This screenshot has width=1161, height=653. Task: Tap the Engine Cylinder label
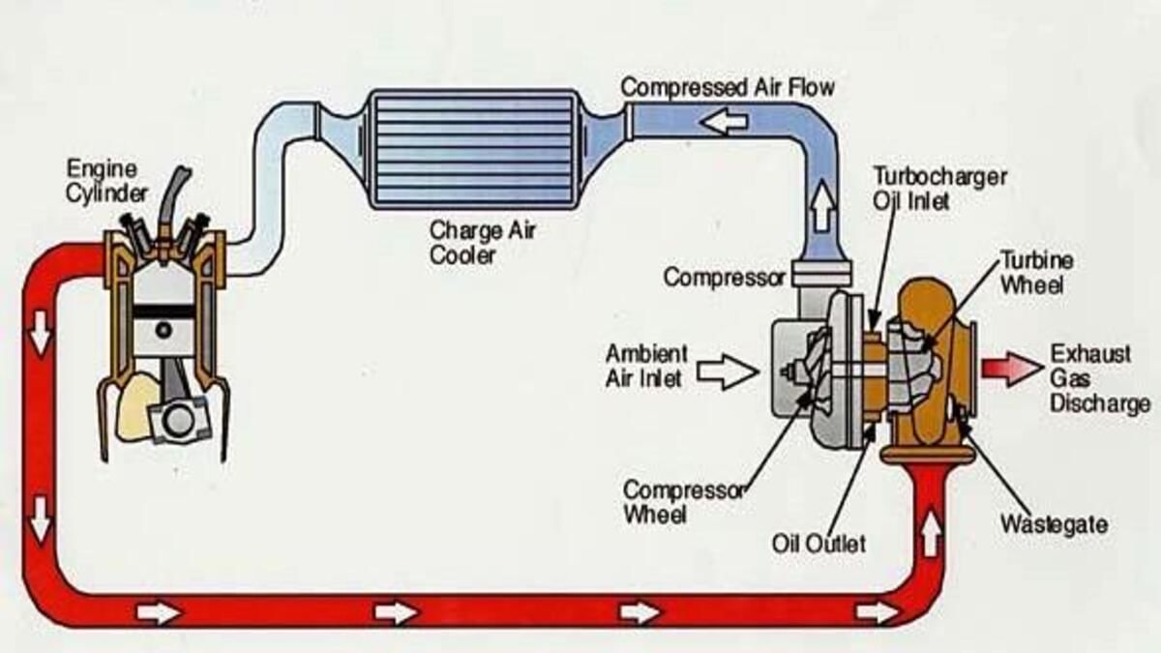tap(107, 181)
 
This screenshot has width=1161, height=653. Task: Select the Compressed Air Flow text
tap(727, 86)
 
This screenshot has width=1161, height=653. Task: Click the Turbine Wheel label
tap(1035, 273)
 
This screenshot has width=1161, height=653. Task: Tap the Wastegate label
tap(1054, 524)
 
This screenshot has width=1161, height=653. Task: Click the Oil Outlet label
tap(819, 543)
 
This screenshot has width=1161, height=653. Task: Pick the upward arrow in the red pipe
tap(930, 535)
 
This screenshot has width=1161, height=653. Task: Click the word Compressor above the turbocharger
tap(723, 278)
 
